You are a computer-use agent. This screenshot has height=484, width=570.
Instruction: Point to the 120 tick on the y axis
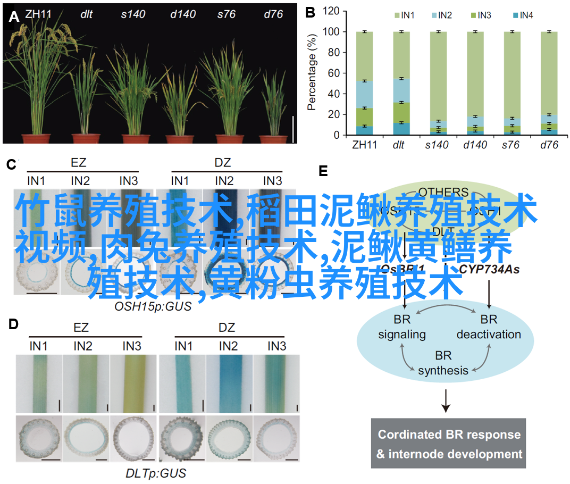[x=331, y=11]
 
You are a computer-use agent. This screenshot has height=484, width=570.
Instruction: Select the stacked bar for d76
[x=548, y=83]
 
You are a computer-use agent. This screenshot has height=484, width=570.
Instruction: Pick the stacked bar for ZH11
[x=364, y=83]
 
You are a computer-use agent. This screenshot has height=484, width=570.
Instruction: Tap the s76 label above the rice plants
[x=226, y=14]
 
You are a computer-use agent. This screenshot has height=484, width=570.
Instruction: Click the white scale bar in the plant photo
[x=293, y=129]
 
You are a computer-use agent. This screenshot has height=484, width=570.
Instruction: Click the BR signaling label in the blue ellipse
[x=401, y=327]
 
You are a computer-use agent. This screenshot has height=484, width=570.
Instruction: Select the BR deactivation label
[x=488, y=327]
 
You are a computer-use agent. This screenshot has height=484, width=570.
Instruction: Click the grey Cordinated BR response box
[x=448, y=444]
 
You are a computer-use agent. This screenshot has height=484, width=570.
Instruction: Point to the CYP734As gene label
[x=489, y=270]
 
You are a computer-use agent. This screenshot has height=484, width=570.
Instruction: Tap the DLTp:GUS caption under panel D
[x=156, y=473]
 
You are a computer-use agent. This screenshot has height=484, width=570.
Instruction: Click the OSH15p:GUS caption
[x=153, y=306]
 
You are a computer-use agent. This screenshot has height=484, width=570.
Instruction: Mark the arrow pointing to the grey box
[x=446, y=402]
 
